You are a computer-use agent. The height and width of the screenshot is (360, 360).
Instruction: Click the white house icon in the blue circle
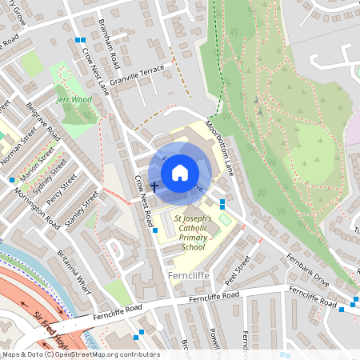point(180,172)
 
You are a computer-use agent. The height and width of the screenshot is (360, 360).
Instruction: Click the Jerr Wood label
point(74,101)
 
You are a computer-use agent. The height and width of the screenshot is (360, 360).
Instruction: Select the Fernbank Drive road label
point(307,271)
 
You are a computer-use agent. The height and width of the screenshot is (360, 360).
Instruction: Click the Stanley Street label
point(82,209)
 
